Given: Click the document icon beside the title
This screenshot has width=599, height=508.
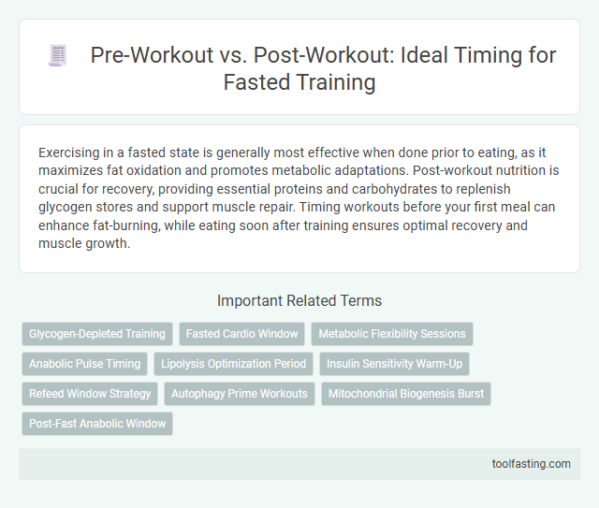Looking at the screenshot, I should click(x=57, y=55).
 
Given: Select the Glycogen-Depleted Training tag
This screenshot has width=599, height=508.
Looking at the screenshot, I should click(x=97, y=334).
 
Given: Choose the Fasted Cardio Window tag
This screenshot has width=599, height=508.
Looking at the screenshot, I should click(x=241, y=334).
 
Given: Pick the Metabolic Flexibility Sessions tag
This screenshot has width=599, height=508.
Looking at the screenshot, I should click(x=392, y=334).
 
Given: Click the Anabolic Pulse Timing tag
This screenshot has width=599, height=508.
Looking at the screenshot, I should click(x=84, y=364).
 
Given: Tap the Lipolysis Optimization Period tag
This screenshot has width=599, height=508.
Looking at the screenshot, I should click(x=234, y=364).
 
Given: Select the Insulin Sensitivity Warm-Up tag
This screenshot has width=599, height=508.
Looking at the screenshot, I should click(x=395, y=364).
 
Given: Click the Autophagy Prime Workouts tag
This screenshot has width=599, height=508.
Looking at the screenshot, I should click(x=240, y=394).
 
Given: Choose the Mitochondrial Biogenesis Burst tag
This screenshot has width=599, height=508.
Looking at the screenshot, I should click(x=406, y=394).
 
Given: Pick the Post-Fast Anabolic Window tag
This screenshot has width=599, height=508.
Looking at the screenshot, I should click(x=97, y=424).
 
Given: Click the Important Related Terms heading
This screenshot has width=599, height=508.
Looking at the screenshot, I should click(x=299, y=300).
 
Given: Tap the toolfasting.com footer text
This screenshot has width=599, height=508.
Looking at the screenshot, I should click(x=531, y=463).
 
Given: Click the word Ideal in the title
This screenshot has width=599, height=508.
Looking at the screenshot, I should click(x=408, y=55).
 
